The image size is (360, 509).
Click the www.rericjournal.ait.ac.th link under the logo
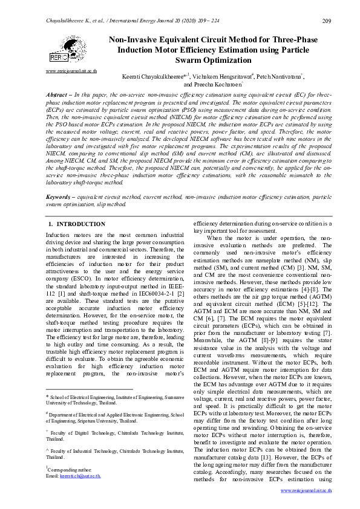point(71,71)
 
